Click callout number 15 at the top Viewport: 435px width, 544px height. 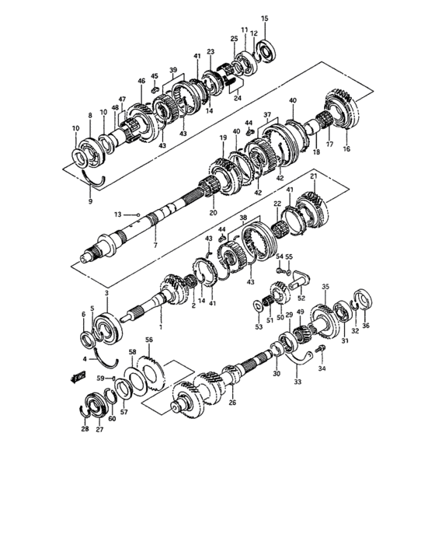(x=265, y=18)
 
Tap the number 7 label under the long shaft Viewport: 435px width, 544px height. (x=155, y=246)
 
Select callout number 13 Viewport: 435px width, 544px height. (x=117, y=214)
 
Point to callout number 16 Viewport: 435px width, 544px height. (x=346, y=148)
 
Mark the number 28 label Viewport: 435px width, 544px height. (x=85, y=428)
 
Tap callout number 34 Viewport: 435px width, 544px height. (x=322, y=368)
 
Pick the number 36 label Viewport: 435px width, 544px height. (x=367, y=326)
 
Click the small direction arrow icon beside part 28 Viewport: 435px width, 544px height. (x=76, y=378)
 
